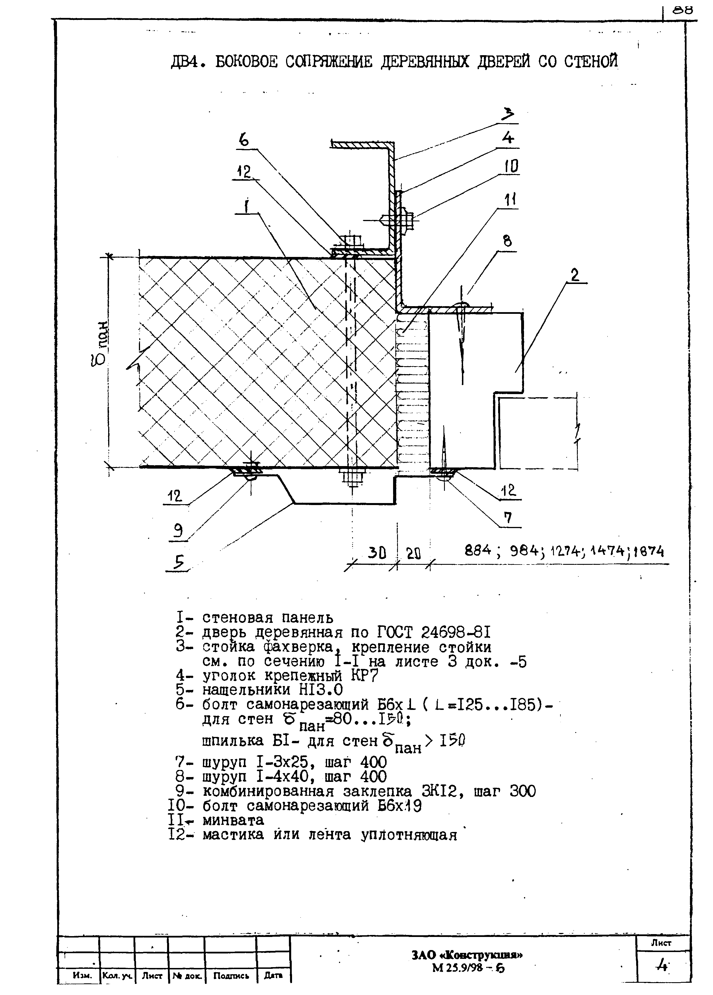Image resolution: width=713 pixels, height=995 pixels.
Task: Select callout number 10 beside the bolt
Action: click(x=510, y=167)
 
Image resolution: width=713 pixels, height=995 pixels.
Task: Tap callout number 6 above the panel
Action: click(x=244, y=140)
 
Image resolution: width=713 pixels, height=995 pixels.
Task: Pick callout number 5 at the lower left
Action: click(x=178, y=562)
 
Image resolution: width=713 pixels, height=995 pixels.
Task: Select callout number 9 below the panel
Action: click(x=178, y=532)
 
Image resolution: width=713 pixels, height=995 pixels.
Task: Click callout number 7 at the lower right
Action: click(x=508, y=518)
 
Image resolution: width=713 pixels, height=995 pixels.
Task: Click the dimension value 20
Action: click(x=413, y=554)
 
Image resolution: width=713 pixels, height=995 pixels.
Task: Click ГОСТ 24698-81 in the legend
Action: click(x=433, y=632)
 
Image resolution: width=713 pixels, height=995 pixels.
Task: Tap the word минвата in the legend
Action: click(x=233, y=820)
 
